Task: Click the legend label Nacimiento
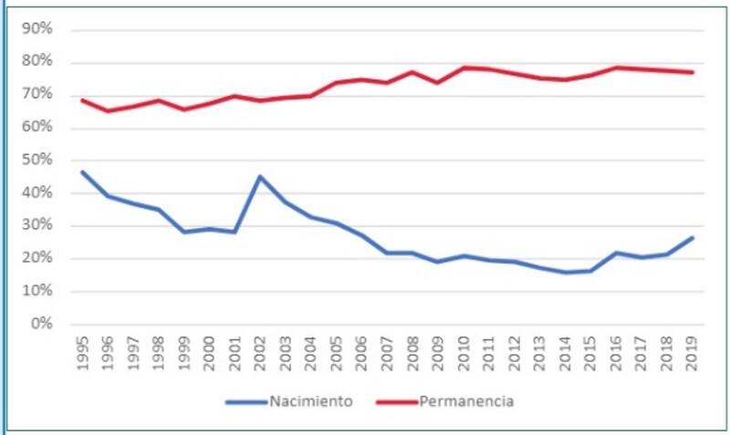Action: pos(309,401)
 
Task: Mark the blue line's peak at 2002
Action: pos(261,177)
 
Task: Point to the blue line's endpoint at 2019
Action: pos(693,238)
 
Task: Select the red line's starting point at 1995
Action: pos(83,99)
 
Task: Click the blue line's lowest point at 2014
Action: pos(566,273)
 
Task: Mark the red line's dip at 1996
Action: pos(109,111)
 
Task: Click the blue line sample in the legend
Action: pos(242,401)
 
